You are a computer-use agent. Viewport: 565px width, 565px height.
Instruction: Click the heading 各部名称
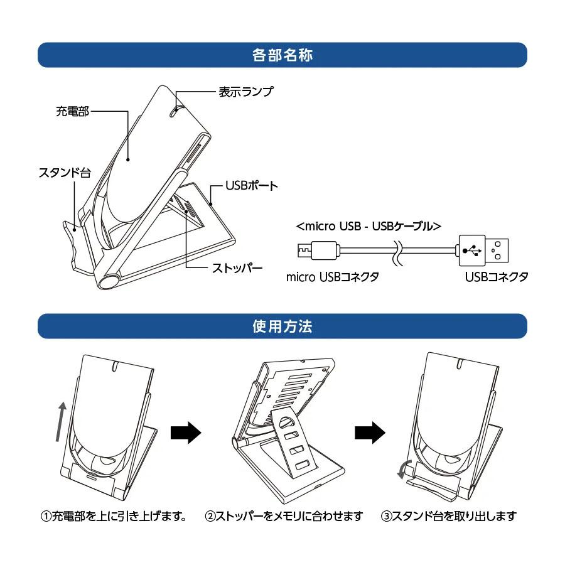[282, 55]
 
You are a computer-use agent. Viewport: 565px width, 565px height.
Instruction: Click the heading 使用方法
[282, 327]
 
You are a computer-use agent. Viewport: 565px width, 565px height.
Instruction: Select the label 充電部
[72, 112]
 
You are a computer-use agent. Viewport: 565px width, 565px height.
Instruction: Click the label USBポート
[252, 186]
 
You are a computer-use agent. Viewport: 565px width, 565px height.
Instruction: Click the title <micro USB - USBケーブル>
[369, 225]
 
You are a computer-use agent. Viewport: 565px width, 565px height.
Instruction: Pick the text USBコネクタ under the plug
[497, 277]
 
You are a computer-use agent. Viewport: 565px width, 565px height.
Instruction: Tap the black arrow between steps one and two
[186, 432]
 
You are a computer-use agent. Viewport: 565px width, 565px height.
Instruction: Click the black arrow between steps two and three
[370, 432]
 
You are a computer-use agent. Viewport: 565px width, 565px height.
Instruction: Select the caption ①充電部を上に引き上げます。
[115, 517]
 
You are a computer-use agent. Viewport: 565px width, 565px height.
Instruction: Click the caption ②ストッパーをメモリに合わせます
[284, 517]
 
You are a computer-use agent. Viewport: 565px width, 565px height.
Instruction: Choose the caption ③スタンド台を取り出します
[449, 517]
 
